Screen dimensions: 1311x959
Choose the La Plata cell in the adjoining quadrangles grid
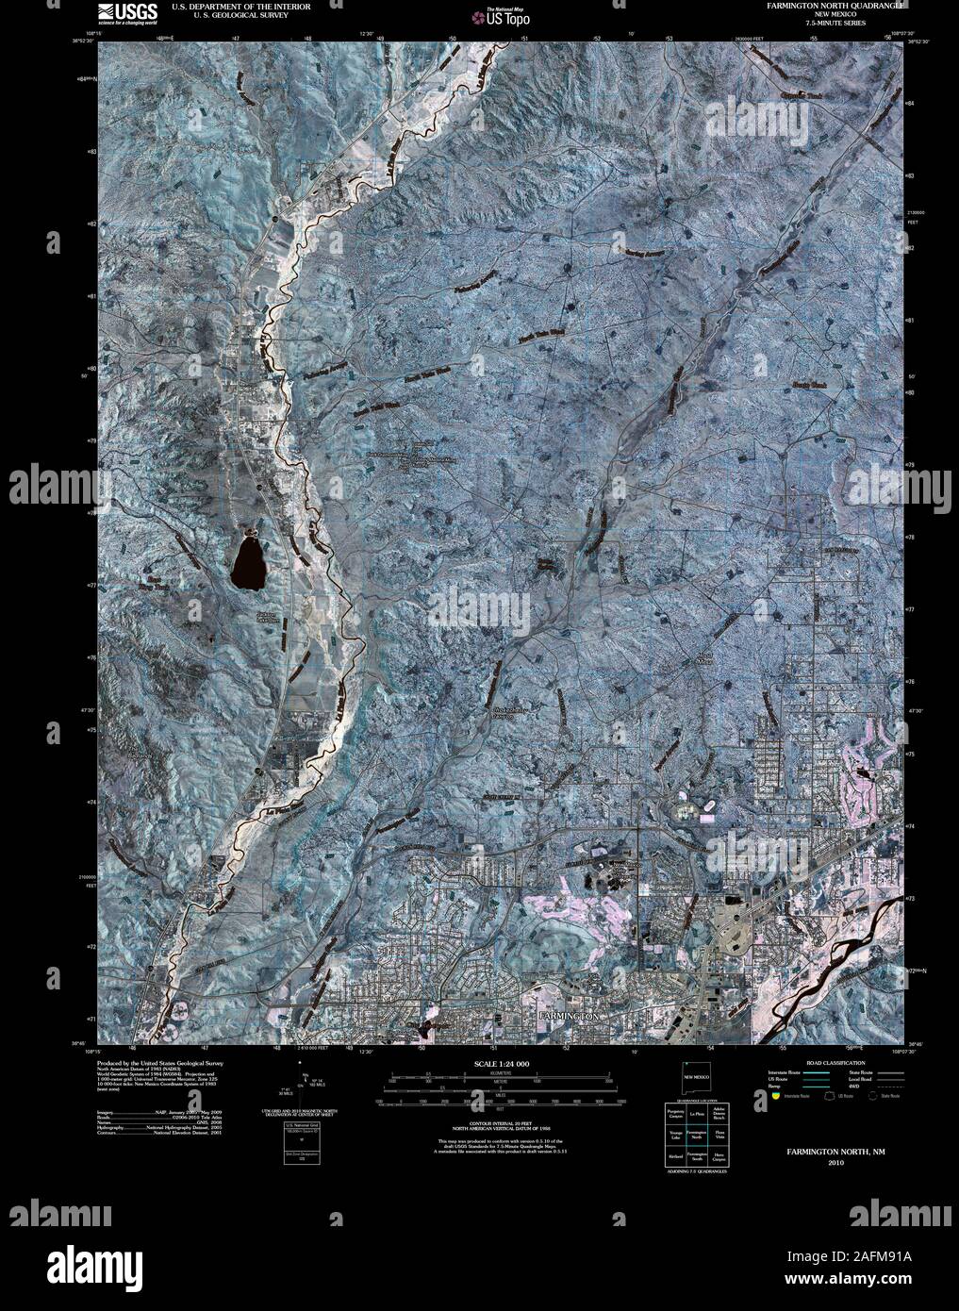coord(697,1117)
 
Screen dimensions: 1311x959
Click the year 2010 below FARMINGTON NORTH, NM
coord(837,1163)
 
